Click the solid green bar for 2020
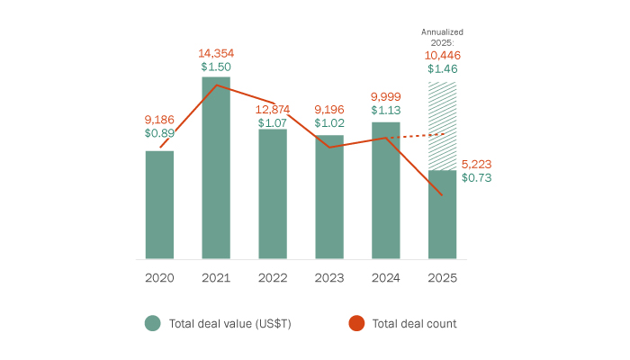click(x=159, y=205)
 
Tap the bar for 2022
click(x=273, y=194)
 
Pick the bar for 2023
click(x=328, y=197)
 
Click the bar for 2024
click(x=385, y=191)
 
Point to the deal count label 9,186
click(x=159, y=118)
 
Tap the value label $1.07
click(x=273, y=121)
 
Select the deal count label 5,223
click(x=477, y=164)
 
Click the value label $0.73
click(x=476, y=178)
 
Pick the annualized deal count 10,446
click(x=442, y=55)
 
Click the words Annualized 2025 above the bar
click(x=442, y=37)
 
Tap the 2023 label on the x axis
click(x=328, y=278)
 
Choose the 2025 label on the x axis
click(x=442, y=278)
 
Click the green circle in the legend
click(x=153, y=323)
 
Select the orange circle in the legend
click(x=356, y=323)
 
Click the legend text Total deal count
click(x=414, y=323)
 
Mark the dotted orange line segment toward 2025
click(x=416, y=136)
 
